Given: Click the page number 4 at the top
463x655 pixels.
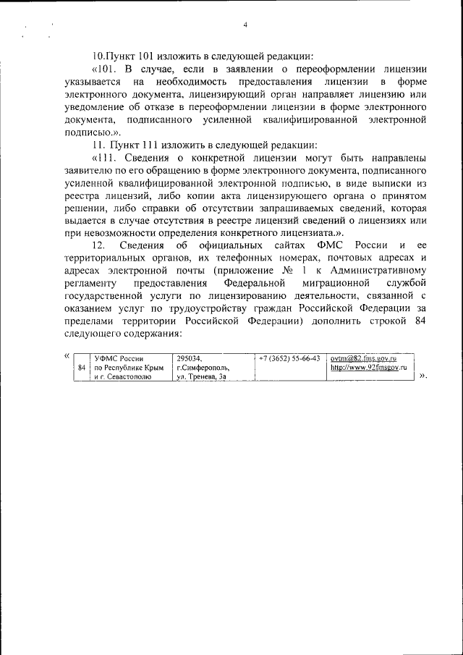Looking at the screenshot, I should coord(245,25).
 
